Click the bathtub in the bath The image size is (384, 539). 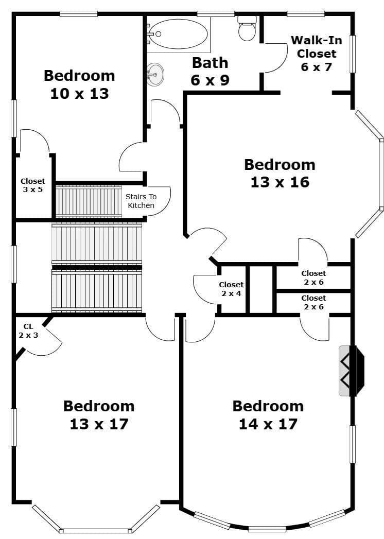pos(179,34)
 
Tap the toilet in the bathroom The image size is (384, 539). pos(247,28)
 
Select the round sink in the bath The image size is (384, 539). pos(155,75)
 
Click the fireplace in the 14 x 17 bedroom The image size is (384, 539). pos(352,371)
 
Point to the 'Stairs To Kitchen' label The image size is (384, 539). pos(141,201)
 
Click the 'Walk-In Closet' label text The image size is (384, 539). pos(317,47)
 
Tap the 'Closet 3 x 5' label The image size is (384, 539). pos(32,185)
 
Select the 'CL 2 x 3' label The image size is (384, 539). pos(28,331)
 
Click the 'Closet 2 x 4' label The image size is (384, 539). pos(231,289)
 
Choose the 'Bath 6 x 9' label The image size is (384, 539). pos(210,71)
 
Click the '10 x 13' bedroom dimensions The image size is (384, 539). pos(79,94)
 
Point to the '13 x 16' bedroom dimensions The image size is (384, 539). pos(280,182)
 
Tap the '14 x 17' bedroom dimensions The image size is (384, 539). pos(268,424)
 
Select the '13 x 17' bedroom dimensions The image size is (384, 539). pos(99,424)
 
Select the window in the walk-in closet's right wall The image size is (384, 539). pos(353,54)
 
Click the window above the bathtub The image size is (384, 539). pos(216,14)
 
